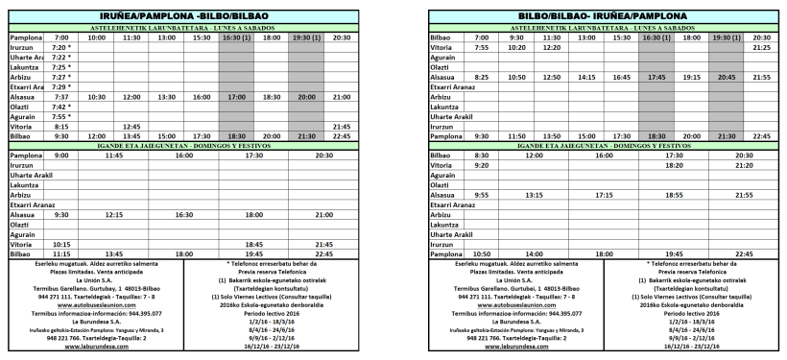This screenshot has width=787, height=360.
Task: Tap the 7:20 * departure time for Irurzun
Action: [61, 47]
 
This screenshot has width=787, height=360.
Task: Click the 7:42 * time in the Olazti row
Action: [61, 107]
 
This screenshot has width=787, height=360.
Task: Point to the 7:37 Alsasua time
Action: [61, 97]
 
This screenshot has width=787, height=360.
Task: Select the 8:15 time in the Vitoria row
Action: [61, 127]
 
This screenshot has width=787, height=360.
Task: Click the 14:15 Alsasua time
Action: [586, 77]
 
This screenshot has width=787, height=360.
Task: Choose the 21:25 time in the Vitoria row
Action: [761, 47]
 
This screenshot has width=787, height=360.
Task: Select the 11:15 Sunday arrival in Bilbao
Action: [61, 253]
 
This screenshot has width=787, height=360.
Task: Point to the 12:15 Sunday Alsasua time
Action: [114, 214]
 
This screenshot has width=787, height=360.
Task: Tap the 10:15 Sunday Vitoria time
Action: [61, 244]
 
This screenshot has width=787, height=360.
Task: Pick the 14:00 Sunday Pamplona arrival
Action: [534, 253]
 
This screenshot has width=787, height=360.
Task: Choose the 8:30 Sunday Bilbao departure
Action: [482, 155]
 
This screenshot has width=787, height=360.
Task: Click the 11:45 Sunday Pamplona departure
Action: [114, 155]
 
